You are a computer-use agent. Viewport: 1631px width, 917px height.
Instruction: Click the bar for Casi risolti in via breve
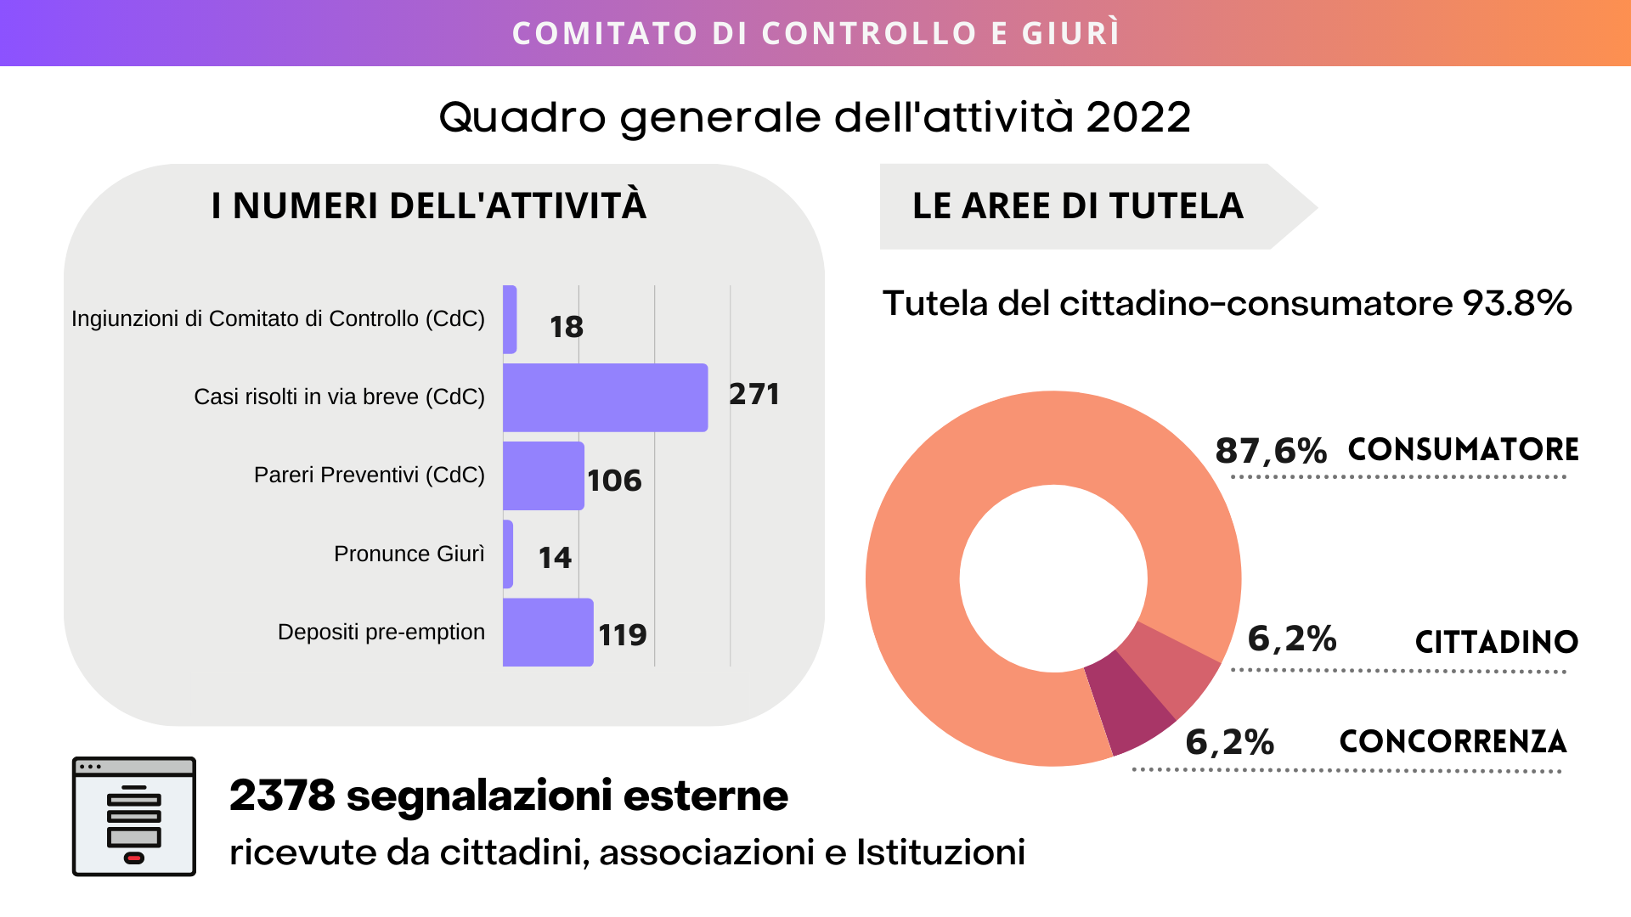click(x=605, y=397)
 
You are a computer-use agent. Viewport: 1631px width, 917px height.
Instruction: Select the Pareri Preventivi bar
click(x=543, y=475)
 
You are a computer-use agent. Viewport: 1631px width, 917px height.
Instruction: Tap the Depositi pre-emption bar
click(x=548, y=633)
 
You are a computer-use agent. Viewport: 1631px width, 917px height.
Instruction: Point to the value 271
click(x=753, y=394)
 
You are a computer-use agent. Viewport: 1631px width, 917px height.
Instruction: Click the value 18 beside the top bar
click(x=566, y=327)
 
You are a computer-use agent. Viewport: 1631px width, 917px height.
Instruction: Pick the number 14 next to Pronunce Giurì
click(x=555, y=558)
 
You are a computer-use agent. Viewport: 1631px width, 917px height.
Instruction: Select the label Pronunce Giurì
click(x=409, y=554)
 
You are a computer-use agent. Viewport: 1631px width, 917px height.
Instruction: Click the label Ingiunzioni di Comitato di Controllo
click(x=278, y=318)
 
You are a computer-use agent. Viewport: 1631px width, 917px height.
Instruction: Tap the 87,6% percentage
click(x=1271, y=450)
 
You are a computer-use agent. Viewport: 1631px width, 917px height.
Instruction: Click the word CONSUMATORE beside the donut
click(x=1463, y=449)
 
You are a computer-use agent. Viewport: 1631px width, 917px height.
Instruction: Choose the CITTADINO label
click(x=1496, y=642)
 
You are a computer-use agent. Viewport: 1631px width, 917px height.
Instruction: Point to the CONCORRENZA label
click(x=1453, y=741)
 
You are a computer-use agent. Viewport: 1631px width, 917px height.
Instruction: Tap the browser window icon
click(x=134, y=816)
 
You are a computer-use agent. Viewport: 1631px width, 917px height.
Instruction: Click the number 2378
click(x=282, y=796)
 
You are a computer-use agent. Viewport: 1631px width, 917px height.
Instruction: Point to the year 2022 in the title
click(x=1138, y=117)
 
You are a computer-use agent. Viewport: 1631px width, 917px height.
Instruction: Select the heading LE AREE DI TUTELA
click(x=1077, y=206)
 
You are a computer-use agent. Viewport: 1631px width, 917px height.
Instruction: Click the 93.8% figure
click(x=1517, y=303)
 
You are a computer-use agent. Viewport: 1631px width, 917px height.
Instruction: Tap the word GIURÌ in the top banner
click(x=1070, y=33)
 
